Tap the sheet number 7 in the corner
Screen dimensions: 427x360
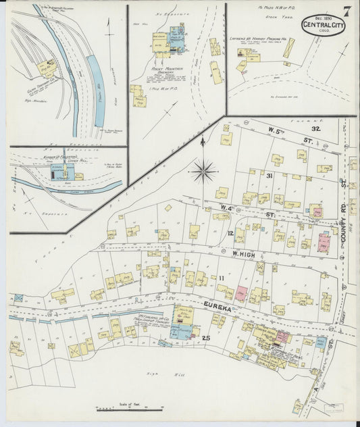(x=346, y=11)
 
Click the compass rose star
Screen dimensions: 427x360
(x=203, y=171)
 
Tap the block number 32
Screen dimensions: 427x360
(x=315, y=128)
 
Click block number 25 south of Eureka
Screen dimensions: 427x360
(x=207, y=337)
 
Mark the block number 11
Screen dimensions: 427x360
(x=220, y=278)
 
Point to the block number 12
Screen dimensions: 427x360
(x=230, y=233)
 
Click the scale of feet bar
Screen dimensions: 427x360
(x=130, y=409)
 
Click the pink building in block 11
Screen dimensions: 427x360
(x=241, y=293)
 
